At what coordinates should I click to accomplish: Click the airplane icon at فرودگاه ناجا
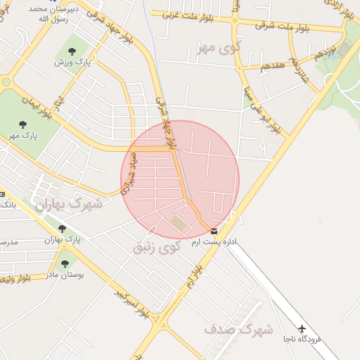(x=302, y=328)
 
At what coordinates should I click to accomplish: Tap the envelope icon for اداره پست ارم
(x=214, y=231)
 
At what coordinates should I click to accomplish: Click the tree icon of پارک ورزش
(x=72, y=51)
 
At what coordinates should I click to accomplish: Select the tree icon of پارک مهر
(x=23, y=124)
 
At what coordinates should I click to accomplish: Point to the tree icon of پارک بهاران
(x=62, y=229)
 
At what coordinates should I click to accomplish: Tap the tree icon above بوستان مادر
(x=65, y=264)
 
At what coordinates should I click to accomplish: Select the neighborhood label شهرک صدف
(x=229, y=328)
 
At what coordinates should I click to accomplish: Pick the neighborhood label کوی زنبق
(x=157, y=247)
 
